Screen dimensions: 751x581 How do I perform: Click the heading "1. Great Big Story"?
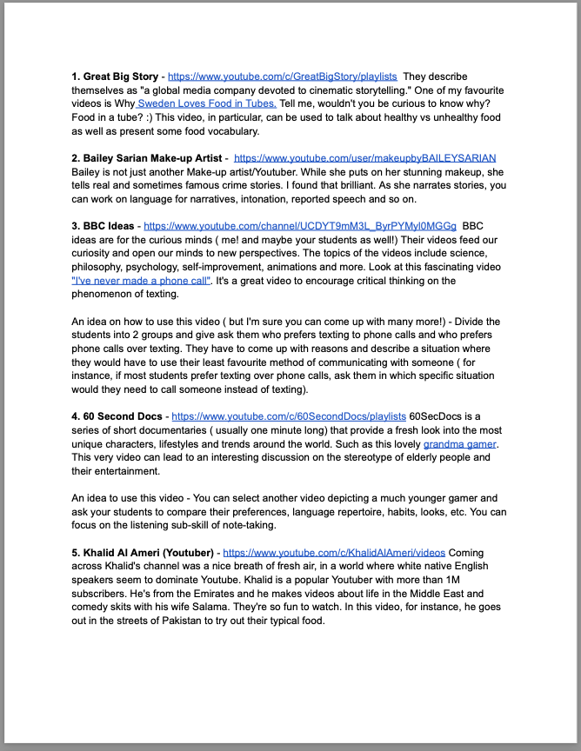tap(115, 76)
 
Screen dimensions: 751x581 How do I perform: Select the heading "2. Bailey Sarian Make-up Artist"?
tap(150, 158)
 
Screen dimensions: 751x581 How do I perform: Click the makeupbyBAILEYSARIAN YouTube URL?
tap(364, 158)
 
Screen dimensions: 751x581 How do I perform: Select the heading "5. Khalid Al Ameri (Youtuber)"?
tap(144, 552)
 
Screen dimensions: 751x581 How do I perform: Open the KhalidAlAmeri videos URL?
tap(334, 552)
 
